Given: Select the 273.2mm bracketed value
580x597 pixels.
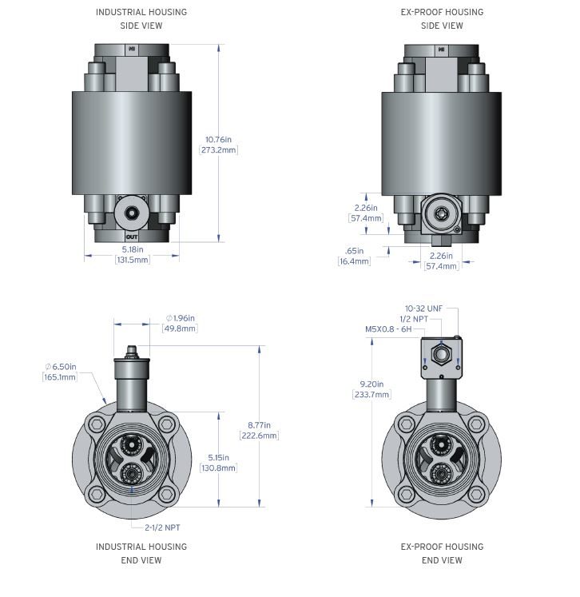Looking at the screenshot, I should point(220,150).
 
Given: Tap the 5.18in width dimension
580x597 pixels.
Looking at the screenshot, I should point(132,249).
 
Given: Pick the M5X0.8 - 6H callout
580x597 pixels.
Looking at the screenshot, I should point(389,329).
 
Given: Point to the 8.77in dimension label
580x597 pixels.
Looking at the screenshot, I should point(259,425).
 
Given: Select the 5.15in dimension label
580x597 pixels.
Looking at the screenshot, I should point(218,457).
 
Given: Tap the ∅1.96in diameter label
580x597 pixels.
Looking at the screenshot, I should point(180,318).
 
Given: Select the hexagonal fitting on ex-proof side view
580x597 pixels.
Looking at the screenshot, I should point(438,213).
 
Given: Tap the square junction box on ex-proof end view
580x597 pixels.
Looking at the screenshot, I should point(440,356).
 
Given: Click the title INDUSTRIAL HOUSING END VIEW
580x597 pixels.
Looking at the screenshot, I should point(141,553).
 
